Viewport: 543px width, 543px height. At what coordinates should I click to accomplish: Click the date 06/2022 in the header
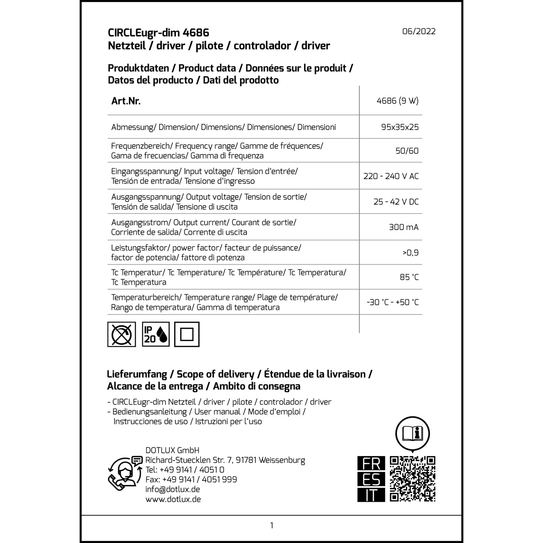tap(419, 31)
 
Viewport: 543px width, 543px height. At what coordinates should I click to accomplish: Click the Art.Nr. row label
tap(126, 101)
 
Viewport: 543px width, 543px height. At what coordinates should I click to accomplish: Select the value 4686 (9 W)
tap(397, 101)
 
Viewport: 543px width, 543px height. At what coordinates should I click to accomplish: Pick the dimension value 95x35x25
tap(400, 127)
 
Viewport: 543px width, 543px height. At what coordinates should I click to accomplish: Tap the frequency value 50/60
tap(407, 151)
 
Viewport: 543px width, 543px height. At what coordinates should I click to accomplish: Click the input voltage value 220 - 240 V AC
tap(391, 176)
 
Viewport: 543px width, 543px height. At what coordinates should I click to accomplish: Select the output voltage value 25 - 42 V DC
tap(396, 202)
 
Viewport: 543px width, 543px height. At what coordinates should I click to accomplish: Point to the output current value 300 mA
tap(404, 227)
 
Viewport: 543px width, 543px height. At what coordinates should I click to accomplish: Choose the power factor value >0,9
tap(411, 253)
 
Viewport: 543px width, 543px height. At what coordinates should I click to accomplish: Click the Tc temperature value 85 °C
tap(409, 277)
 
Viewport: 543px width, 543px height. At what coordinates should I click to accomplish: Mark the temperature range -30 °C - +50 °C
tap(393, 302)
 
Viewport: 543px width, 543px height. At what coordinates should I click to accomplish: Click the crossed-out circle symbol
tap(122, 334)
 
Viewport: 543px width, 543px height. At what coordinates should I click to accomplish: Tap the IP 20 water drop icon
tap(156, 334)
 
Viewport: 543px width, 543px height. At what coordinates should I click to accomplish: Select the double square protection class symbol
tap(187, 334)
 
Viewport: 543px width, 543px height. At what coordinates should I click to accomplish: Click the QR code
tap(412, 479)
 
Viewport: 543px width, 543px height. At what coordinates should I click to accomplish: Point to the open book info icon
tap(412, 433)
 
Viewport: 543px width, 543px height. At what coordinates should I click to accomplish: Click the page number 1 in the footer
tap(271, 525)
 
